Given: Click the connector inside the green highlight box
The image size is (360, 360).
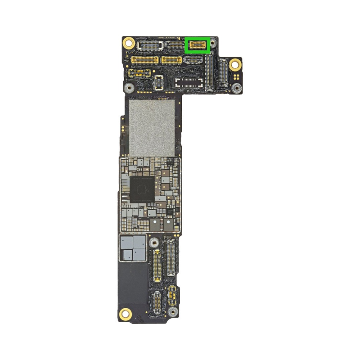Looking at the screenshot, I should tap(198, 45).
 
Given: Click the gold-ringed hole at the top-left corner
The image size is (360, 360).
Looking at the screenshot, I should tap(128, 43).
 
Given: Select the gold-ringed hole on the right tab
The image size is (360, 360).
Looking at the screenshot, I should tap(234, 64).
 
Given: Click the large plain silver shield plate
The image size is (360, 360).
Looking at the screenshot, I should tap(152, 127).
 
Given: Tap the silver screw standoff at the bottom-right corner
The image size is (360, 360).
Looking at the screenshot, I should tap(172, 312).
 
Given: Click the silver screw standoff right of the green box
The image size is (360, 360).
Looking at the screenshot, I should tap(214, 44).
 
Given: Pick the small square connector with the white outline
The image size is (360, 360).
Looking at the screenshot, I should tap(158, 82).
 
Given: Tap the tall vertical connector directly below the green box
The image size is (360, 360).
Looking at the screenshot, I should tap(209, 72).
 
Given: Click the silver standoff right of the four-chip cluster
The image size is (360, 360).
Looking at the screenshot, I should tap(154, 243).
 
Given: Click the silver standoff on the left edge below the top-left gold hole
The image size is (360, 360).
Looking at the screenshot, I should tap(129, 88).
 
